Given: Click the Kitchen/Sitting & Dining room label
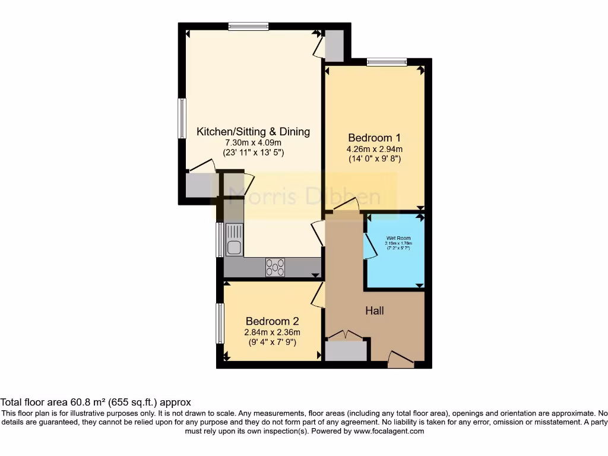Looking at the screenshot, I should tap(253, 131).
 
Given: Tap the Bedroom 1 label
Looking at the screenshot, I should tap(375, 137).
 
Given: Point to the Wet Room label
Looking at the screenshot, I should tap(398, 238).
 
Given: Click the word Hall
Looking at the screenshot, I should tap(375, 311).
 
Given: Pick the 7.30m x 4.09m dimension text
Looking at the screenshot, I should tap(253, 142).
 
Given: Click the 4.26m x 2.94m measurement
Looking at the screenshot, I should tap(375, 148).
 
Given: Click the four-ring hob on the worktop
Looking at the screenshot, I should tap(275, 267).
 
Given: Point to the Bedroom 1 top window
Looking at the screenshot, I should tap(387, 61).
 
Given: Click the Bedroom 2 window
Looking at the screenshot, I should tap(220, 324).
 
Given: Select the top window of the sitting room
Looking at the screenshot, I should tap(248, 26).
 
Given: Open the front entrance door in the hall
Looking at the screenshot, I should tap(401, 358).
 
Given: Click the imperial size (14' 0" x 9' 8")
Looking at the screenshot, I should tap(375, 159).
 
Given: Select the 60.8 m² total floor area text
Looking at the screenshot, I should tap(95, 402).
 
